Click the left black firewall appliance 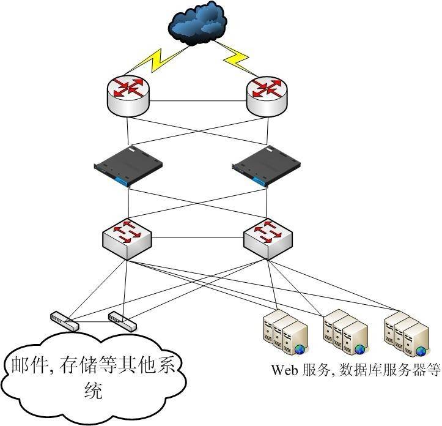128,166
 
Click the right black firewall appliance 267,166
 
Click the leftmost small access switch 64,321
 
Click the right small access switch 122,319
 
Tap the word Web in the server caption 284,370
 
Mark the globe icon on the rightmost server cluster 421,350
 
